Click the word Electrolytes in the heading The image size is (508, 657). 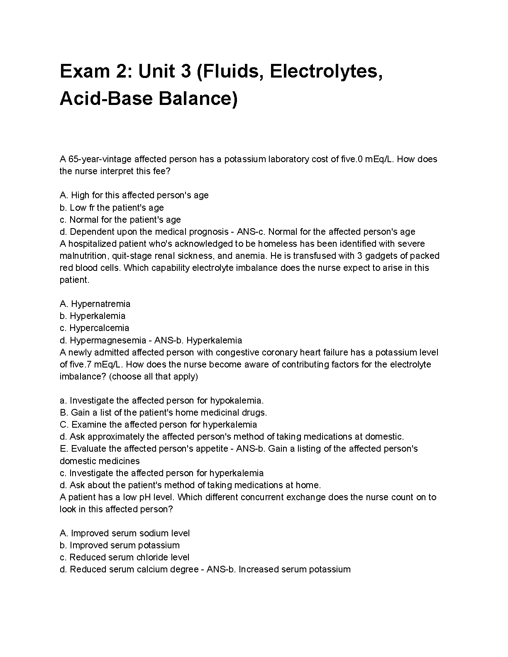pyautogui.click(x=326, y=72)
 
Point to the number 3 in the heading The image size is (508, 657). pyautogui.click(x=186, y=72)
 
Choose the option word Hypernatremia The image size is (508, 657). pyautogui.click(x=101, y=304)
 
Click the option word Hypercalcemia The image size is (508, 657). pyautogui.click(x=99, y=328)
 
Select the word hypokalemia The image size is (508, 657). pyautogui.click(x=237, y=401)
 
